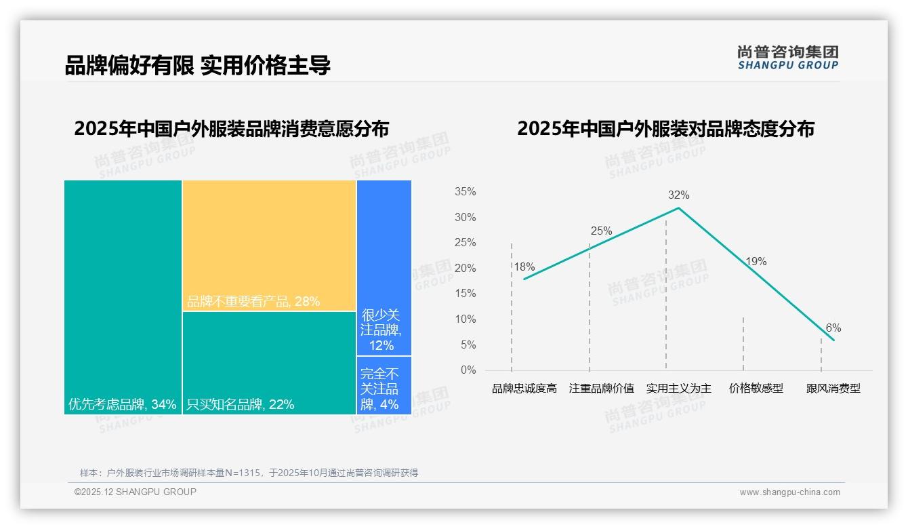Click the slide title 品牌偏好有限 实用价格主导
click(x=197, y=66)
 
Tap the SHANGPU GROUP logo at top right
click(x=787, y=58)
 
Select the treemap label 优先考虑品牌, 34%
click(x=122, y=405)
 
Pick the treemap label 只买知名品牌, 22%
click(x=241, y=405)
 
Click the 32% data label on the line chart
click(x=678, y=195)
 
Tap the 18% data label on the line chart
click(x=524, y=267)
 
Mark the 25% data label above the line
click(x=601, y=231)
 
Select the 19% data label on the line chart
click(x=756, y=262)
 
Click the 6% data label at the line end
click(x=833, y=328)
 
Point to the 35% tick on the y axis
click(x=465, y=192)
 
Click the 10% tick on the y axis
click(x=465, y=319)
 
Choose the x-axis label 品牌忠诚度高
click(x=524, y=389)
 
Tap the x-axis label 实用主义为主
click(x=678, y=389)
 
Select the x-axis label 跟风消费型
click(x=833, y=389)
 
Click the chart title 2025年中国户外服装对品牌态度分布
click(x=665, y=129)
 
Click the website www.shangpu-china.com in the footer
click(x=789, y=492)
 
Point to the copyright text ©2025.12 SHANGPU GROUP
click(x=136, y=492)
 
